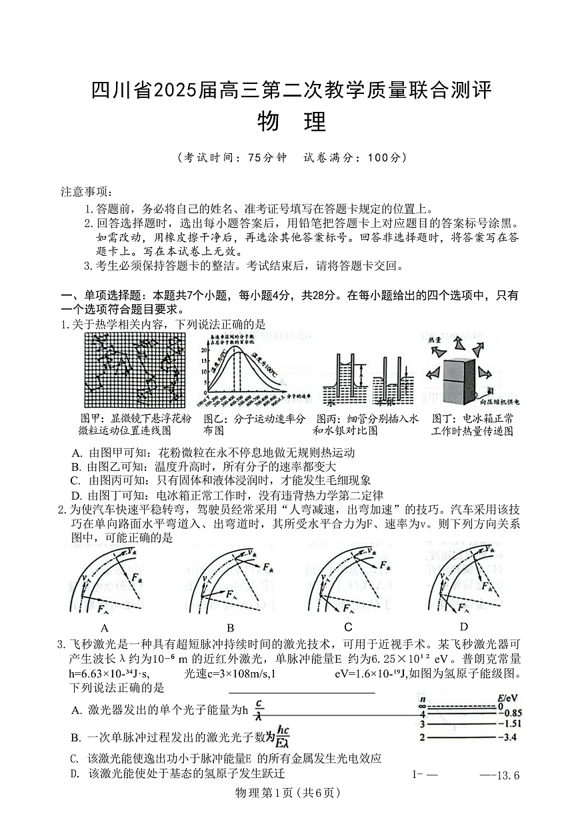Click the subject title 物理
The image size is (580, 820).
click(291, 123)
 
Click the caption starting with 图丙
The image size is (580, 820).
click(366, 424)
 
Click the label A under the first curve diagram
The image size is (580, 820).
click(104, 627)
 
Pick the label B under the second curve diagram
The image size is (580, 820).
click(230, 627)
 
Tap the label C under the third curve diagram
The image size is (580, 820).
click(348, 627)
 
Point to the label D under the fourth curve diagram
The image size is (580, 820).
click(464, 627)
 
